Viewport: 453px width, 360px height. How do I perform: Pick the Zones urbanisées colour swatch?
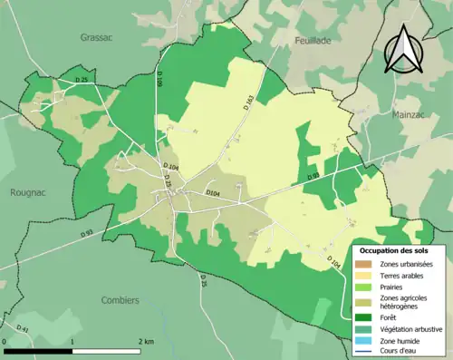tap(364, 263)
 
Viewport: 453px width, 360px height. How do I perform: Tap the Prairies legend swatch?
tap(364, 286)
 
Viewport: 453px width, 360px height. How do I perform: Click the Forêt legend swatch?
tap(364, 316)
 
